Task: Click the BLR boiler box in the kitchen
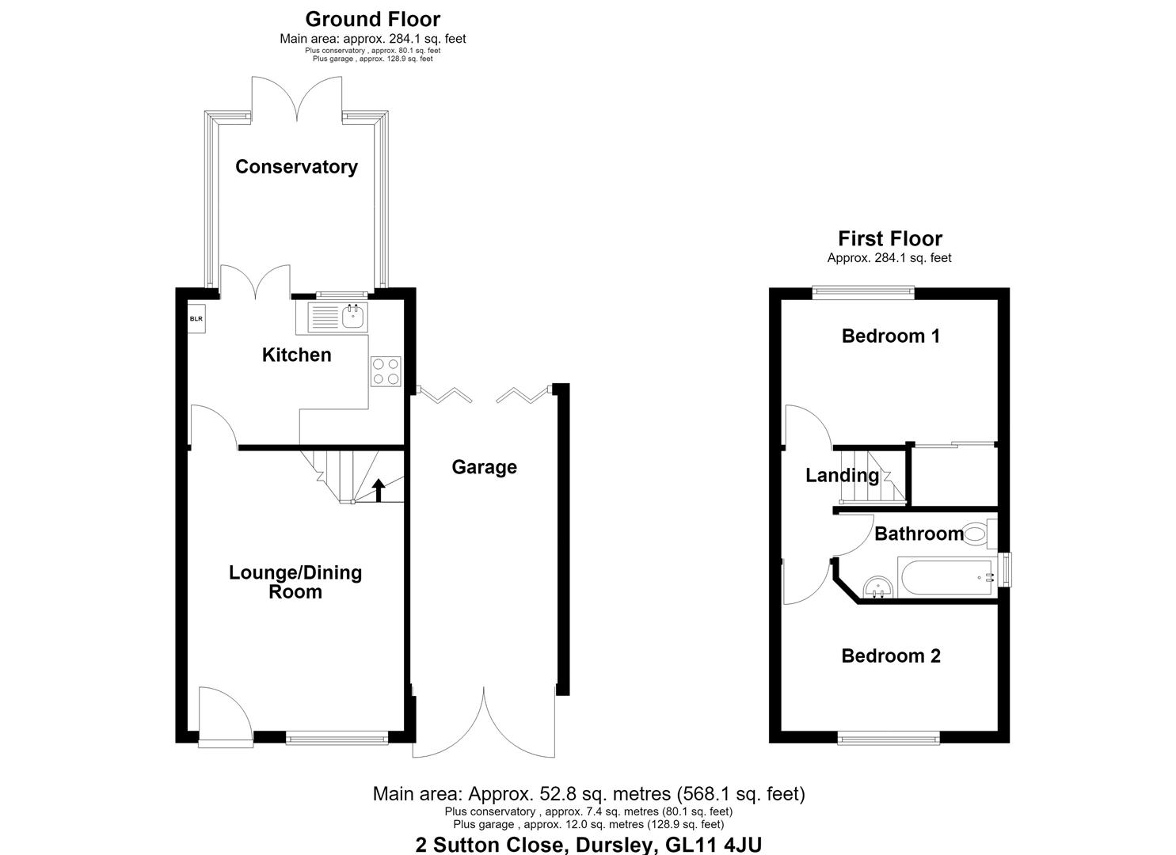(196, 318)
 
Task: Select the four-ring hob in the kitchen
(386, 371)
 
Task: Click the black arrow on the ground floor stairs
(378, 490)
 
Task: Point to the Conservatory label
(297, 167)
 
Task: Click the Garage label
(484, 467)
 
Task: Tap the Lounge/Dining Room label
(295, 582)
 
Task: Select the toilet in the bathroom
(980, 534)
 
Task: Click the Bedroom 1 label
(891, 336)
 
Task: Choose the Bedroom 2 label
(891, 655)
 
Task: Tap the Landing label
(842, 476)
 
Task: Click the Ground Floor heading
(373, 20)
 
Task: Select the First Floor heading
(890, 239)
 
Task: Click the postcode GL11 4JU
(714, 845)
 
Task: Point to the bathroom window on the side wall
(1005, 569)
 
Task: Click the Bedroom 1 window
(864, 292)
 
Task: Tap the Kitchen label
(297, 355)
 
